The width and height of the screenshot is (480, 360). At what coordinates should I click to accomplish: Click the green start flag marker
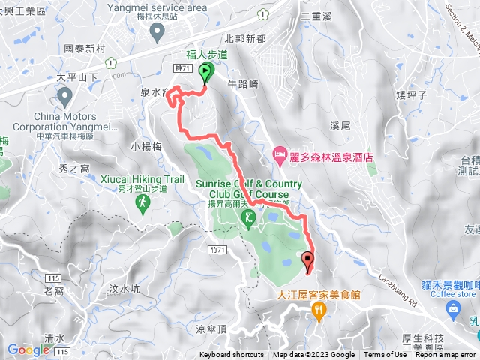(x=205, y=72)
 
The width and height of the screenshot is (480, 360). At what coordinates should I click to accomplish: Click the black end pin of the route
(x=307, y=262)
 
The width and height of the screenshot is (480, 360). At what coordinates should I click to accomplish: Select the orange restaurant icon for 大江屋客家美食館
(x=319, y=309)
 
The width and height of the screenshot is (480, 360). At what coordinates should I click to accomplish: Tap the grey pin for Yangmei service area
(x=157, y=31)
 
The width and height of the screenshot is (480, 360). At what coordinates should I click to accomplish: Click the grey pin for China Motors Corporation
(x=64, y=96)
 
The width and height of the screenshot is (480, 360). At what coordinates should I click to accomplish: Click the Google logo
(x=28, y=349)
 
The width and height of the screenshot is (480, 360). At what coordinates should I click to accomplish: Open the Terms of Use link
(x=385, y=355)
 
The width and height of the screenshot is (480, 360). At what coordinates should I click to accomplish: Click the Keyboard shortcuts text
(x=232, y=355)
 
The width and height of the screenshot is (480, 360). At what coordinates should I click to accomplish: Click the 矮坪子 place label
(x=411, y=95)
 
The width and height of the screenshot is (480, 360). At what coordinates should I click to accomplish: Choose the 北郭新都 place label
(x=244, y=38)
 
